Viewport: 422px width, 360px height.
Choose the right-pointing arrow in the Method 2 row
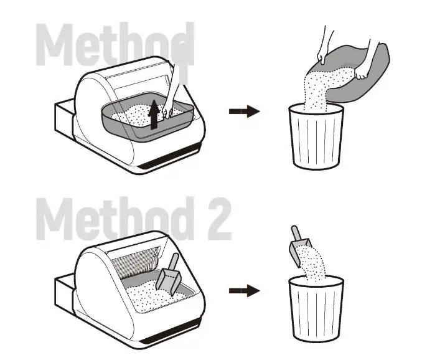tap(244, 290)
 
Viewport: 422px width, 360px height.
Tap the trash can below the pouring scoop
tap(316, 308)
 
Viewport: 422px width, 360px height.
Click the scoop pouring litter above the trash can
tap(299, 243)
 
